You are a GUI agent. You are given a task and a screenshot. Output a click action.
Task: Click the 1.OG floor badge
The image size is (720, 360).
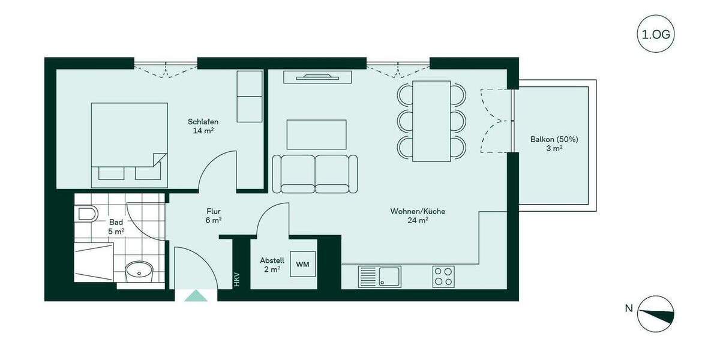click(x=655, y=35)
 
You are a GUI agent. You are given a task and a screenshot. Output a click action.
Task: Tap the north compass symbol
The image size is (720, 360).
click(x=655, y=314)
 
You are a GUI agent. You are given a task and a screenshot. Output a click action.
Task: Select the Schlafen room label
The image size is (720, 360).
click(x=202, y=126)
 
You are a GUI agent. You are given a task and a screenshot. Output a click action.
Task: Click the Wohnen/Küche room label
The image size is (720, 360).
click(x=418, y=215)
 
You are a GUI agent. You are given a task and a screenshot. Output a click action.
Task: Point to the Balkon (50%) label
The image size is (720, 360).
click(x=554, y=143)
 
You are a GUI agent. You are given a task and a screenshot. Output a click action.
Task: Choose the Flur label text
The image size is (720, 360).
click(x=214, y=215)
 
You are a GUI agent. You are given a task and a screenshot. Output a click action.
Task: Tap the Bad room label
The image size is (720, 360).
click(x=116, y=226)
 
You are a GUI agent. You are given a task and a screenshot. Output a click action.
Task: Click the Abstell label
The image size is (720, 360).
click(x=272, y=265)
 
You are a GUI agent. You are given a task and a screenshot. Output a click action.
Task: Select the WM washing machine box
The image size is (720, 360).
click(x=303, y=264)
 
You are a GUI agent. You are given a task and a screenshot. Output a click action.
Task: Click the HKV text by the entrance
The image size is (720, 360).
click(x=237, y=279)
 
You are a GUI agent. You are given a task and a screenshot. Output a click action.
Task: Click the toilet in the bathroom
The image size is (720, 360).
click(x=87, y=214)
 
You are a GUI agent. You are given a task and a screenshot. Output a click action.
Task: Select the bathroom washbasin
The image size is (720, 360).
click(x=139, y=271)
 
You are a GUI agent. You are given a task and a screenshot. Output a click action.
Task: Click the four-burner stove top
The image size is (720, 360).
click(x=443, y=277)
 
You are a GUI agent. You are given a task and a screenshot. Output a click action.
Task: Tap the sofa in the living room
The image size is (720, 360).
click(x=315, y=174)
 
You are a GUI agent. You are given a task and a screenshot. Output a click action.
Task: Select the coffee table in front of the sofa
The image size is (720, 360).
click(x=316, y=134)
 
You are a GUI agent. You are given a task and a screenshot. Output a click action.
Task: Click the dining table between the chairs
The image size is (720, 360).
click(x=431, y=121)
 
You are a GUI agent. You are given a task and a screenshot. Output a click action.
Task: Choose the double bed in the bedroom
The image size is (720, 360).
click(x=129, y=141)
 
